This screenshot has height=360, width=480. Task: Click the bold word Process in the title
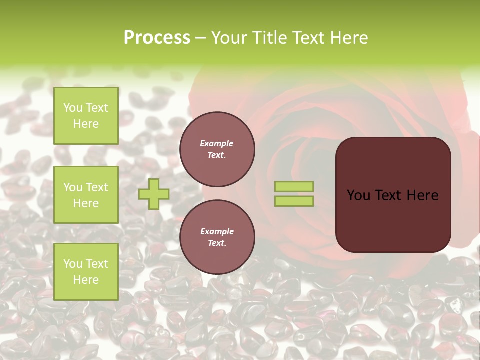click(x=157, y=38)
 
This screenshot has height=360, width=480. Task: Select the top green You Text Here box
click(x=86, y=116)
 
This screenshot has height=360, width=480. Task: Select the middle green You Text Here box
click(x=86, y=195)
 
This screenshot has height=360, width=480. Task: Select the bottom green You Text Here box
click(x=86, y=272)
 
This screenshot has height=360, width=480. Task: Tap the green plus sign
click(x=154, y=194)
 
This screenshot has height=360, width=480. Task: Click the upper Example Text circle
click(x=217, y=149)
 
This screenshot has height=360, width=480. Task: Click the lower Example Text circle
click(x=217, y=237)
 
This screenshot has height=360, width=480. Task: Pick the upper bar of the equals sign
click(x=294, y=187)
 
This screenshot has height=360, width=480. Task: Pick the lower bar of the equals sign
click(x=294, y=201)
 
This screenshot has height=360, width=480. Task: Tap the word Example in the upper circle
click(x=217, y=143)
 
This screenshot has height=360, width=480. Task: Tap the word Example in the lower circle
click(x=217, y=231)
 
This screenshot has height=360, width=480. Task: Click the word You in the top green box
click(x=73, y=108)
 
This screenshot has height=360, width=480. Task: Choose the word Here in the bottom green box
click(x=86, y=280)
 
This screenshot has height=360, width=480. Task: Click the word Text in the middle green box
click(x=96, y=187)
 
